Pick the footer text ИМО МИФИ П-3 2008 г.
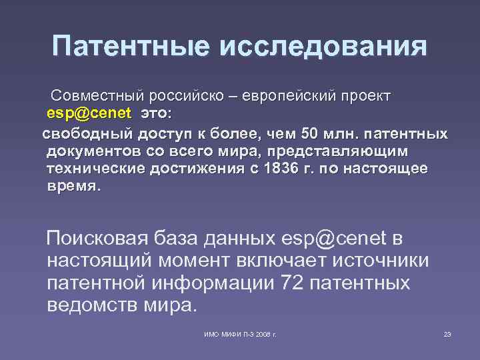(240, 333)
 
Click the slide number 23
(447, 333)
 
